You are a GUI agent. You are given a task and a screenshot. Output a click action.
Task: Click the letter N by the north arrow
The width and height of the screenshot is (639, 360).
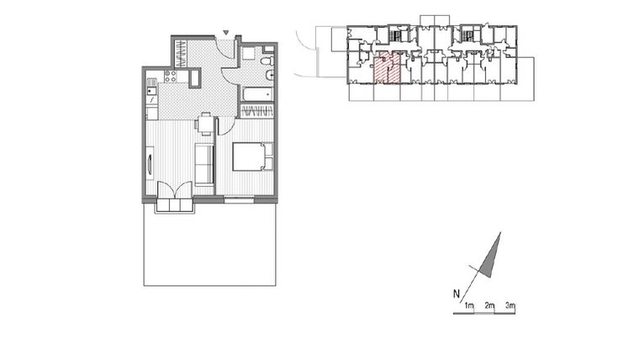[456, 294]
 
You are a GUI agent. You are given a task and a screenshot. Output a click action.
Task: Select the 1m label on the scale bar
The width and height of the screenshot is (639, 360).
[470, 305]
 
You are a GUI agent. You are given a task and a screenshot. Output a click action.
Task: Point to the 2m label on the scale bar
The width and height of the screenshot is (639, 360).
[490, 305]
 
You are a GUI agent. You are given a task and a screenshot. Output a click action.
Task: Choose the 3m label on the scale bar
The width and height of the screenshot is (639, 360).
[510, 305]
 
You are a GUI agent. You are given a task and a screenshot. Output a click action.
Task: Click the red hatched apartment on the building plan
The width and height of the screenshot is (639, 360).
[387, 68]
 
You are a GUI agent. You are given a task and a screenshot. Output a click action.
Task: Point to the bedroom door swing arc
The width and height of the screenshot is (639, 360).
[226, 126]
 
